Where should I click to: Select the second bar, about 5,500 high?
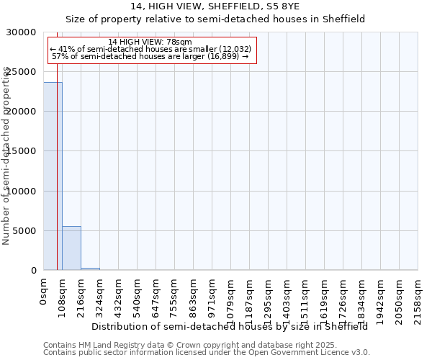71,248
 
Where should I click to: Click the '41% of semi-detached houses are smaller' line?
150,49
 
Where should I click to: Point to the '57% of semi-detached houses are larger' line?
150,56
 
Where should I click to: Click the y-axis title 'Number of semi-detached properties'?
6,156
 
